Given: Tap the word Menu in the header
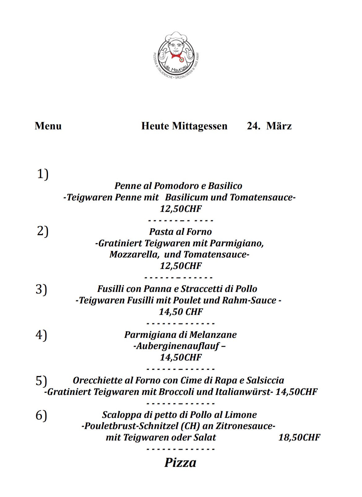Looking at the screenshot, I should (x=48, y=126).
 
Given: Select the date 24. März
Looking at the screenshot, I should (x=269, y=126).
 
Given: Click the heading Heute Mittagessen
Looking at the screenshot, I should (x=184, y=126).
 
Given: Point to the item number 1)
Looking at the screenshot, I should (x=43, y=174).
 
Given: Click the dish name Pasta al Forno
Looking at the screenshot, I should (x=180, y=232).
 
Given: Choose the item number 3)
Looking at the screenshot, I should (x=41, y=289).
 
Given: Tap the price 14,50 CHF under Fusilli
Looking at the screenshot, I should (x=181, y=312).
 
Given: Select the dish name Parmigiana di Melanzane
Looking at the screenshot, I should (x=180, y=335).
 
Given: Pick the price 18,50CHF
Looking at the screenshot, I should (x=299, y=438).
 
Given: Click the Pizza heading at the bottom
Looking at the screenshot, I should (x=180, y=463).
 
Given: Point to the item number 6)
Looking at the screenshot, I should (x=41, y=415).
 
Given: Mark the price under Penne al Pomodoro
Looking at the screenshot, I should (x=181, y=209).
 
